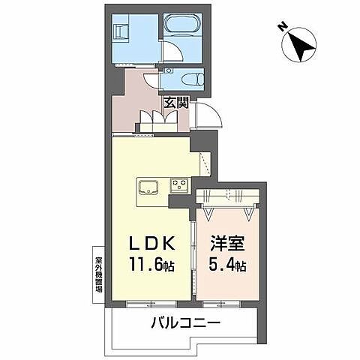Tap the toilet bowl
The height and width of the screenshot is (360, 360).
pos(189,77)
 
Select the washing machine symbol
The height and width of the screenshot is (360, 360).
pos(121,32)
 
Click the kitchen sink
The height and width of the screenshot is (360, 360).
pos(148,186)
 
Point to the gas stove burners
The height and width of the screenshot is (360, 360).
pos(179,184)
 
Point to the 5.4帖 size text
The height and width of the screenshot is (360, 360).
pos(226,266)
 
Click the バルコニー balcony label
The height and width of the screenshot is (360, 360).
pos(184,325)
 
